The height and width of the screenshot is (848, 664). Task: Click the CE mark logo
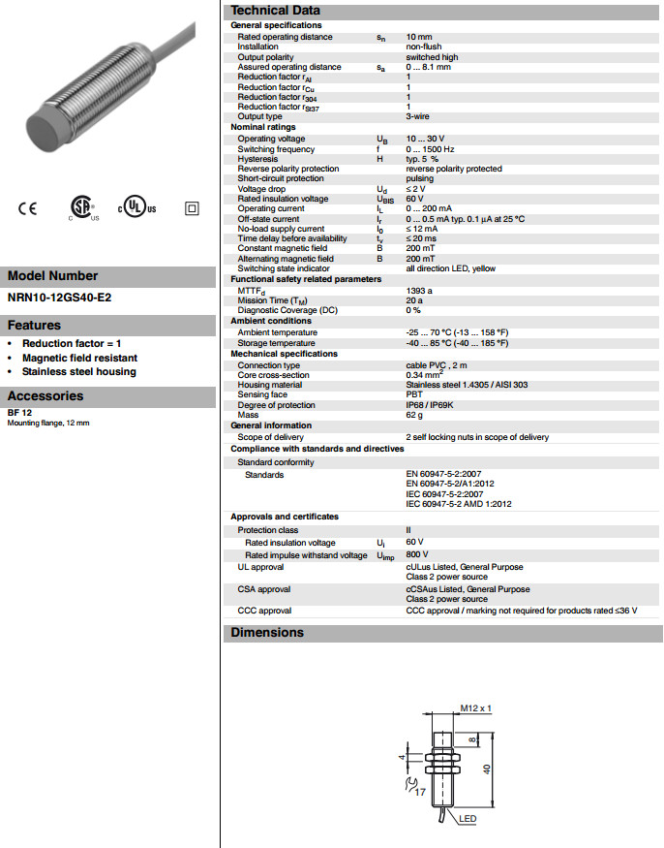pyautogui.click(x=27, y=208)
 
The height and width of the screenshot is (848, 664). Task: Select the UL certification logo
pyautogui.click(x=136, y=208)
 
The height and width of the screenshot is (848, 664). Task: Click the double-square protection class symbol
pyautogui.click(x=191, y=208)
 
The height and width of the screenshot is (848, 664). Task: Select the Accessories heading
pyautogui.click(x=45, y=395)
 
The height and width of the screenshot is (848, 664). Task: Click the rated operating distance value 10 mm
pyautogui.click(x=418, y=37)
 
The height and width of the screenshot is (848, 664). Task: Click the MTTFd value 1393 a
pyautogui.click(x=419, y=291)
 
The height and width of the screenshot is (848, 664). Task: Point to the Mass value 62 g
pyautogui.click(x=414, y=414)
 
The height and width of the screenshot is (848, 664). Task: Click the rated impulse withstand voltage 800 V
pyautogui.click(x=416, y=555)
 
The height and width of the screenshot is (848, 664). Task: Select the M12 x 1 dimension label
pyautogui.click(x=475, y=708)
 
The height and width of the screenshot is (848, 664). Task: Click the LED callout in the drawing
pyautogui.click(x=468, y=819)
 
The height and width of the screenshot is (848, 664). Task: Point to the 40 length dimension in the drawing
pyautogui.click(x=488, y=768)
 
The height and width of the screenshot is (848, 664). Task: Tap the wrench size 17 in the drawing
pyautogui.click(x=420, y=792)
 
